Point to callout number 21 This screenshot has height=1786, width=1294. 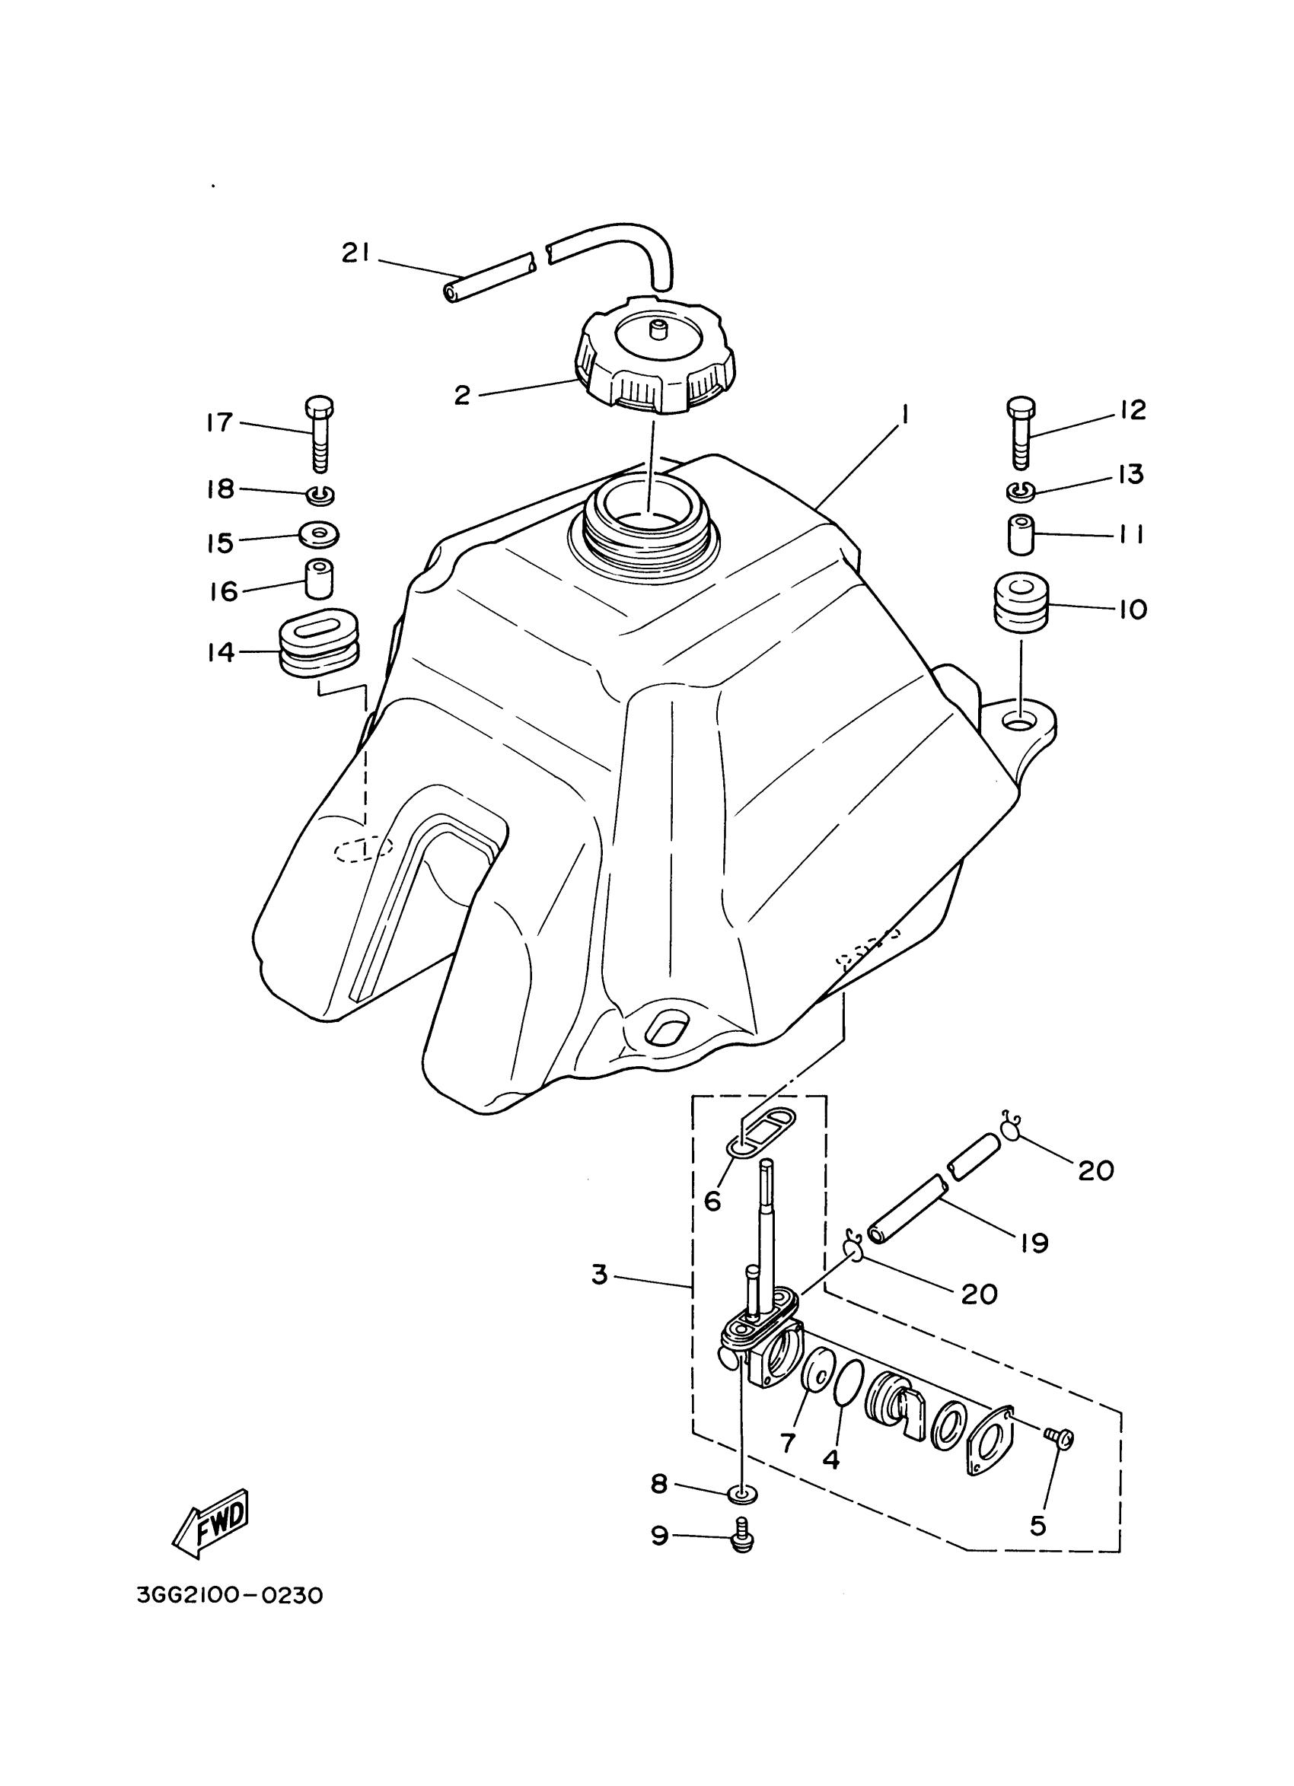[356, 253]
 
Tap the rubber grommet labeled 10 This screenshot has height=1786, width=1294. [1021, 603]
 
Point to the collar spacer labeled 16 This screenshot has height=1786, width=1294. [318, 579]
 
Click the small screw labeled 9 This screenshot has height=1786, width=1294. [741, 1536]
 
